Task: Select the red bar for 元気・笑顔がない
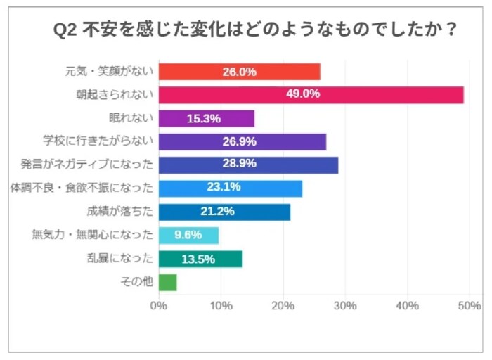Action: pos(239,72)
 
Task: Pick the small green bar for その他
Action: pos(167,282)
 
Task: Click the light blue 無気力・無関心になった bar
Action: pos(188,235)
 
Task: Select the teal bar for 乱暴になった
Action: pos(200,259)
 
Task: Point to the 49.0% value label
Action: pos(304,95)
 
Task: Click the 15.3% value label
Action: pos(205,118)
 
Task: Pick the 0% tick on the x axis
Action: pos(159,306)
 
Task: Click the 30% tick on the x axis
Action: pos(345,306)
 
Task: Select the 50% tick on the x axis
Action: pos(469,306)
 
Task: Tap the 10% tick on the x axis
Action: pos(221,306)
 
